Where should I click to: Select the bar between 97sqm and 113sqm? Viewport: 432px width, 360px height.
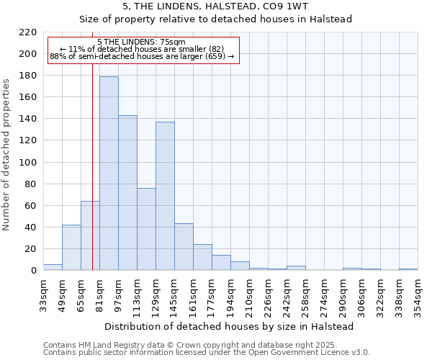click(127, 192)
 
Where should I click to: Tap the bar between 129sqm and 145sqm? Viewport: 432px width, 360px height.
click(165, 196)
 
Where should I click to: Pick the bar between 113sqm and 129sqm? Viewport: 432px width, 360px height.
click(146, 229)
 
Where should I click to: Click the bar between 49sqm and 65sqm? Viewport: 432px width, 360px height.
click(71, 248)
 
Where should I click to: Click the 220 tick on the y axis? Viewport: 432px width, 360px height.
click(28, 32)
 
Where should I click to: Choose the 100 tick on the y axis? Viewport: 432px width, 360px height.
click(28, 162)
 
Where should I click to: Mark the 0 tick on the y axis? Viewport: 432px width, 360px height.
click(33, 271)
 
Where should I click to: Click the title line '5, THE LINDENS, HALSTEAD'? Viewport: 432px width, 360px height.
click(215, 6)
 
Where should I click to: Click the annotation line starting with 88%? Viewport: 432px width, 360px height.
click(142, 56)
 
